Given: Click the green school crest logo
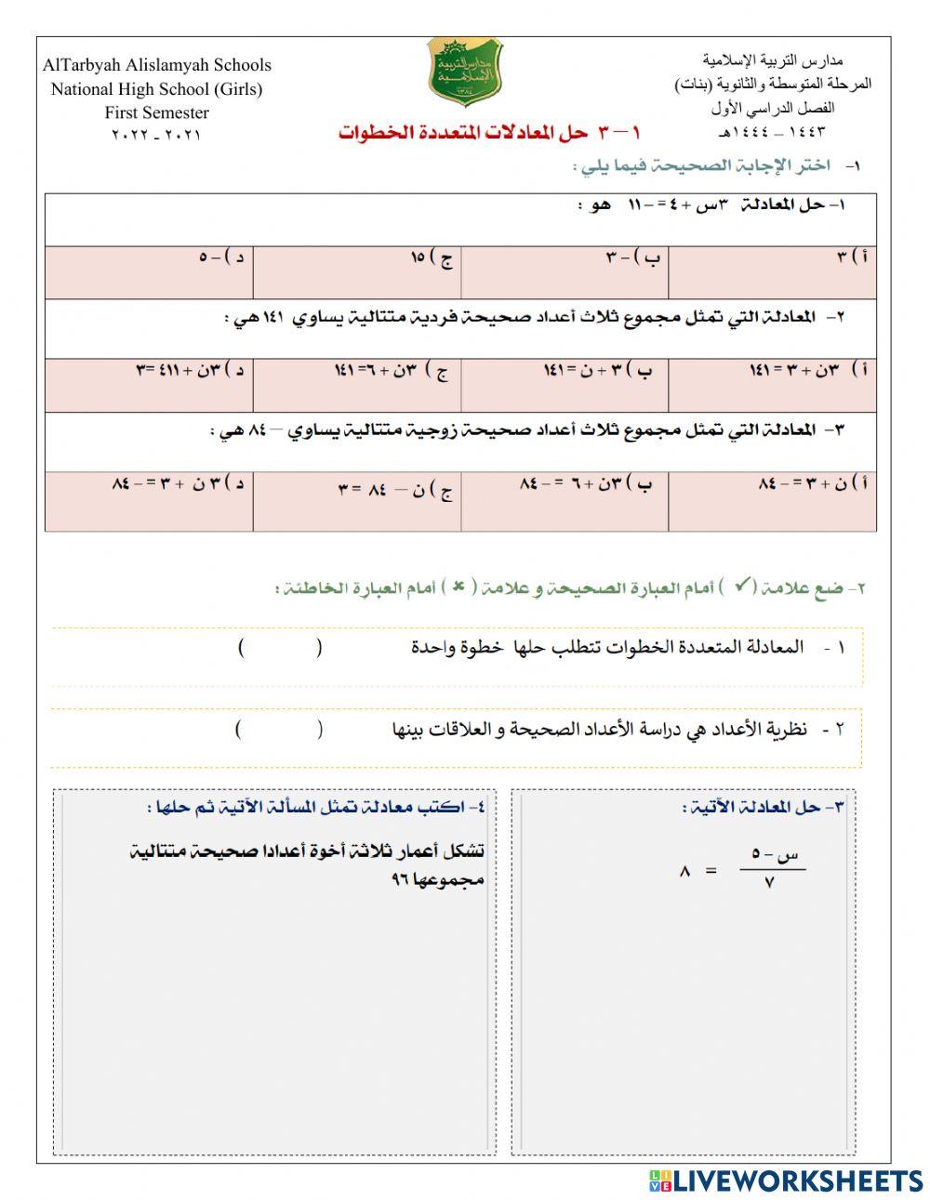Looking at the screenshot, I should coord(465,73).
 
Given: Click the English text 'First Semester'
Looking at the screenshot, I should coord(156,112).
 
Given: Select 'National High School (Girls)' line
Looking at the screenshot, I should coord(156,89).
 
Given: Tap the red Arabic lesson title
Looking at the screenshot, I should coord(489,133).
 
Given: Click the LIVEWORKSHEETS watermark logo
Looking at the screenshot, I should coord(785,1180).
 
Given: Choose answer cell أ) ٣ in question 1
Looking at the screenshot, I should coord(772,271).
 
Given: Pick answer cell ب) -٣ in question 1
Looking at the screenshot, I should coord(565,271).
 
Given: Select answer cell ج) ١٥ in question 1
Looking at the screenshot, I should coord(357,271).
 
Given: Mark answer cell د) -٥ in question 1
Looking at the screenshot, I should coord(149,271).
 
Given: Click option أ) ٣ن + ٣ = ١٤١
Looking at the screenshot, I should coord(772,384).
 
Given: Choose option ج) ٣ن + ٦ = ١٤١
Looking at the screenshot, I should coord(357,384).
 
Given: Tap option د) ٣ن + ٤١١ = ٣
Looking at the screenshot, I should coord(149,384).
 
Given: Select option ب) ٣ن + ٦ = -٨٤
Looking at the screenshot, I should coord(565,500).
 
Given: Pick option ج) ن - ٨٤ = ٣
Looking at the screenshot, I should coord(357,500).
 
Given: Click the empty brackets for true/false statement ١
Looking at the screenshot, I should coord(280,648).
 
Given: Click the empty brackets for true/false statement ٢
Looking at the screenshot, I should coord(279,730).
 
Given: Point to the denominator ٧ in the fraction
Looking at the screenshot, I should coord(770,883).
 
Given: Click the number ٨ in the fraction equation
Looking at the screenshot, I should coord(685,871).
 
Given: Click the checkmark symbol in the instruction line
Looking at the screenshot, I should coord(742,586).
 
